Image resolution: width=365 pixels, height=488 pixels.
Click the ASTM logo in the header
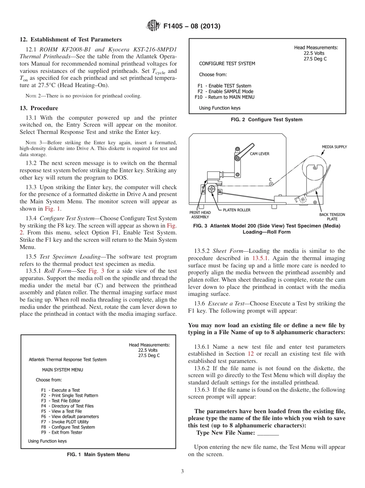(x=153, y=26)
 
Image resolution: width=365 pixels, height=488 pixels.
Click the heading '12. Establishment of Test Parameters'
(x=70, y=40)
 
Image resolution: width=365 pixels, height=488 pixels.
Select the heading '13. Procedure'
(x=39, y=108)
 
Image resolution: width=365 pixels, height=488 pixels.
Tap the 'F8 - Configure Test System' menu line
(x=68, y=427)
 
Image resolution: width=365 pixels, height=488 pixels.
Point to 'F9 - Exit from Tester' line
(x=61, y=432)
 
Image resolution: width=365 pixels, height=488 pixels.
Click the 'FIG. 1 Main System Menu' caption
(x=98, y=455)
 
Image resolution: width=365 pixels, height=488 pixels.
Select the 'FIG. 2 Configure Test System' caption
(x=266, y=120)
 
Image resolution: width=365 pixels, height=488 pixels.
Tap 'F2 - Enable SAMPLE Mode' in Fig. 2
(x=225, y=92)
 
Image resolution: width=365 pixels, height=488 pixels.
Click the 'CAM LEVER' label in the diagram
(x=260, y=154)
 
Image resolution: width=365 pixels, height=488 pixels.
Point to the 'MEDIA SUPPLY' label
(x=334, y=147)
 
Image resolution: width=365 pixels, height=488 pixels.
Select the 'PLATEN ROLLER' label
(x=237, y=210)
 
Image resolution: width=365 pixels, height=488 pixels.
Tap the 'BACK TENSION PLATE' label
(x=332, y=217)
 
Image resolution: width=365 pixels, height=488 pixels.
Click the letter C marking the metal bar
(x=270, y=180)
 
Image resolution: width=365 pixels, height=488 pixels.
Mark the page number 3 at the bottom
(x=182, y=472)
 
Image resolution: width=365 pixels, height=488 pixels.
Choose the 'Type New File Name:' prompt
(x=226, y=433)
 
